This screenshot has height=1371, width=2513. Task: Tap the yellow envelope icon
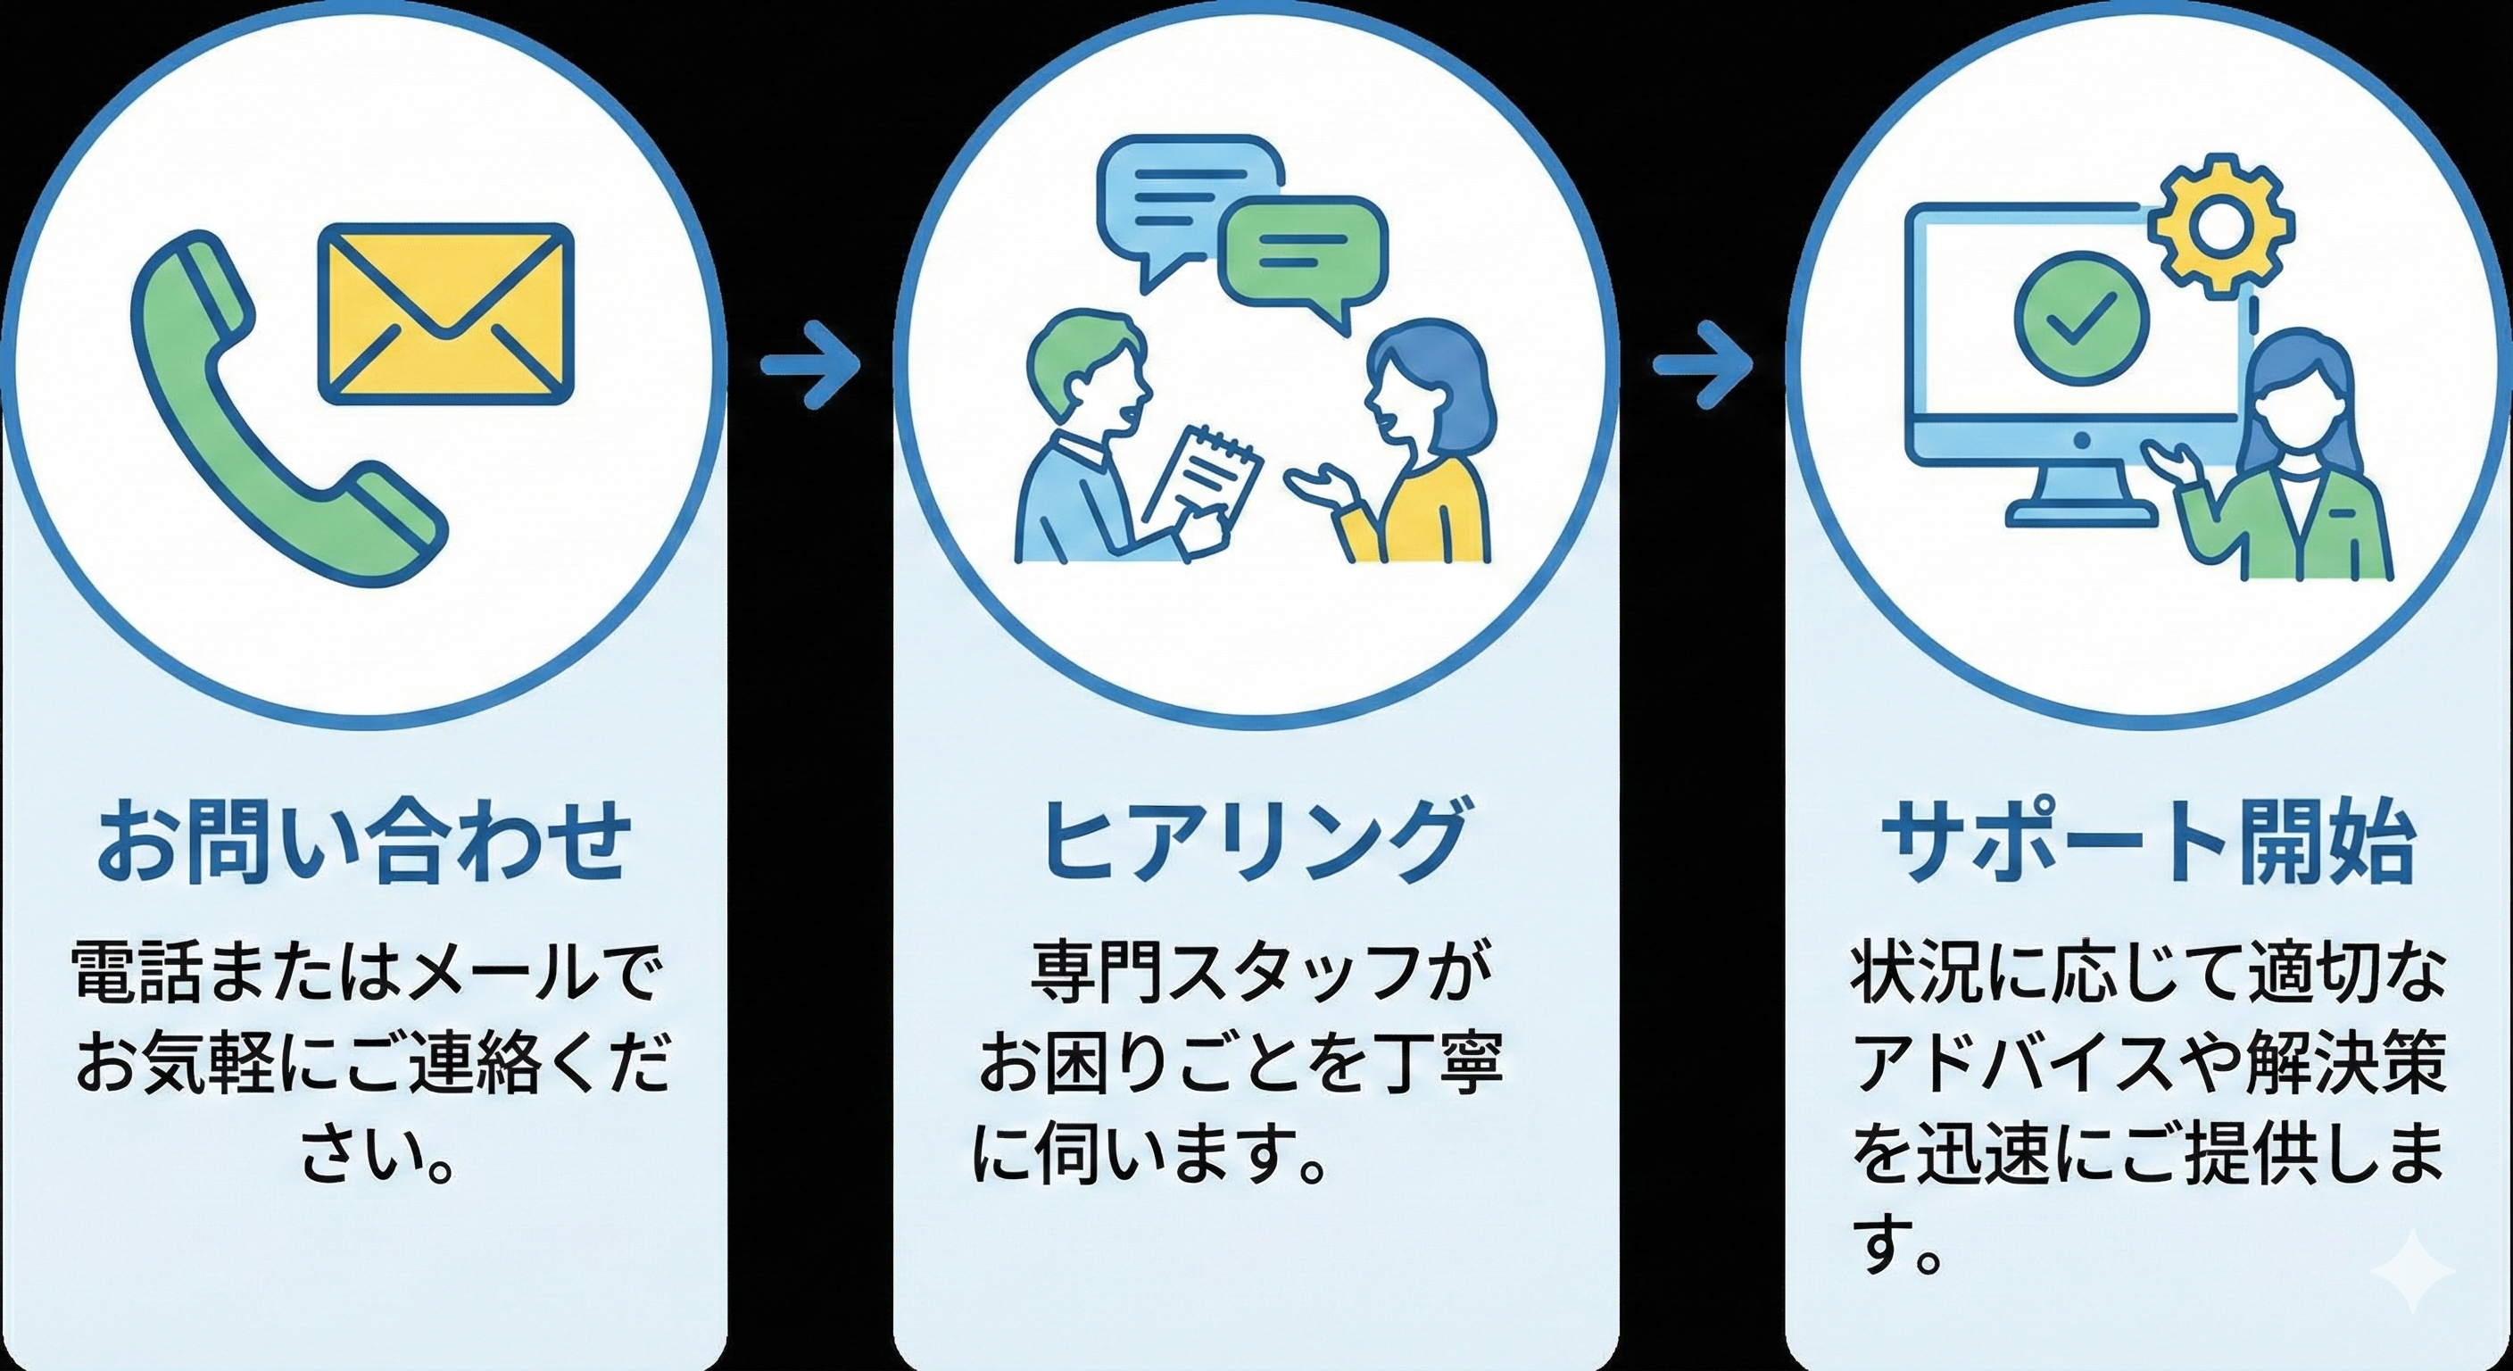447,313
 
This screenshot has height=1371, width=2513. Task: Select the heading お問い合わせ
363,839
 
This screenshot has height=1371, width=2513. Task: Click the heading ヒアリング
1256,839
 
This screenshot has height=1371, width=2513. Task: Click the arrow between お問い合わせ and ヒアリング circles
809,365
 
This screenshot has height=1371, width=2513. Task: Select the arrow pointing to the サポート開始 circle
1704,365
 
